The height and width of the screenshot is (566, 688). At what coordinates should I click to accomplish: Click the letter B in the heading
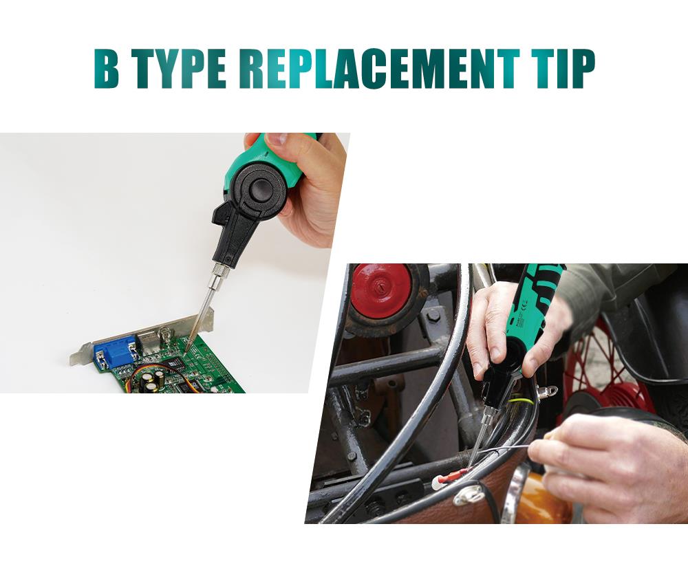107,68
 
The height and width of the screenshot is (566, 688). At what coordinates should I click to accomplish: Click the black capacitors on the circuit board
155,380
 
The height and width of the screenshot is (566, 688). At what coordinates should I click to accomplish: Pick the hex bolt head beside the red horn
433,316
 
